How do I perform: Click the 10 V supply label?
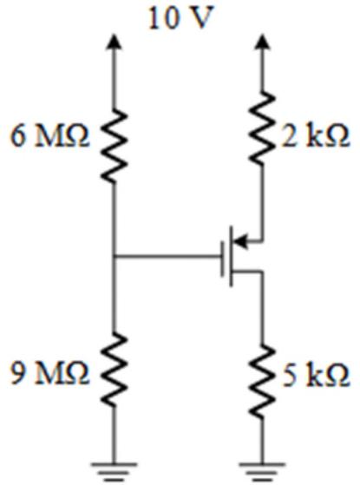tap(181, 18)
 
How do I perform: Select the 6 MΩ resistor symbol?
tap(114, 146)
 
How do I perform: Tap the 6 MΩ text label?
tap(50, 136)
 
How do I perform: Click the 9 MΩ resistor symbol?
tap(114, 370)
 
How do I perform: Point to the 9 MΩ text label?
tap(50, 374)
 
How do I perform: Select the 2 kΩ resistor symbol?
tap(262, 128)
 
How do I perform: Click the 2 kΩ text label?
tap(316, 135)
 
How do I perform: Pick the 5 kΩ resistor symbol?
tap(262, 381)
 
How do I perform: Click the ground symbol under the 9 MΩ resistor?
tap(114, 472)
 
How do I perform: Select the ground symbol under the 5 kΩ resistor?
tap(262, 472)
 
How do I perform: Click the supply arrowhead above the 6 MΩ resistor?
tap(114, 42)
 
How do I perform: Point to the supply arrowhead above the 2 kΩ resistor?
tap(262, 42)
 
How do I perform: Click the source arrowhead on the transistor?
tap(240, 241)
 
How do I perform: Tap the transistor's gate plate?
tap(223, 259)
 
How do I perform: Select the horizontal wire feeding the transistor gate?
tap(167, 256)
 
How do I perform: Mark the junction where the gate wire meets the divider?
tap(114, 256)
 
